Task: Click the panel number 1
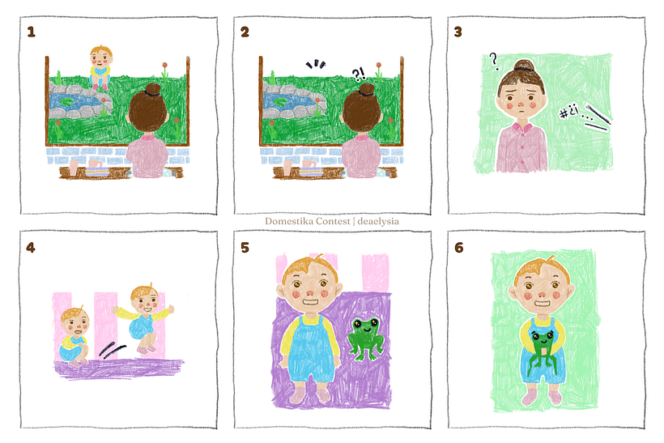[31, 32]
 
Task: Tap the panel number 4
[31, 247]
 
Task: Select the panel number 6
[459, 247]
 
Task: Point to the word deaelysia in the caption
[378, 221]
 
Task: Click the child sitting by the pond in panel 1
[100, 68]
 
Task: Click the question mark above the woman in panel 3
[494, 61]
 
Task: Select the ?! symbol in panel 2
[359, 75]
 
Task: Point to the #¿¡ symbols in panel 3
[568, 112]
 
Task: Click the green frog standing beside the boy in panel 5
[366, 339]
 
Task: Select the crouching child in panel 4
[74, 337]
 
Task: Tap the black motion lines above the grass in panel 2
[317, 64]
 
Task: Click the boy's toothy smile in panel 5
[310, 302]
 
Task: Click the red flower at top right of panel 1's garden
[164, 66]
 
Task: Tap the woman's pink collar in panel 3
[521, 126]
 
